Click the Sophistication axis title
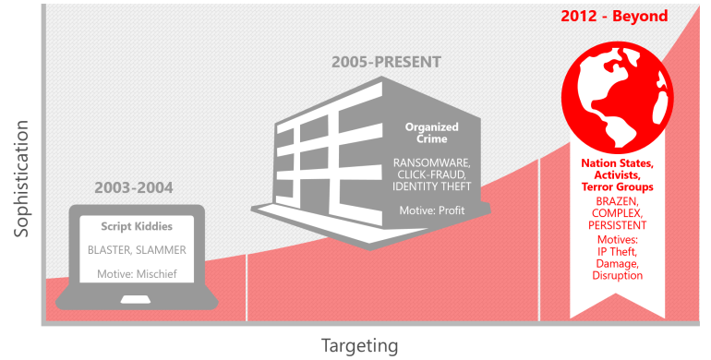pyautogui.click(x=21, y=186)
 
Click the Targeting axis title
pyautogui.click(x=359, y=346)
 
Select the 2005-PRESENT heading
pyautogui.click(x=386, y=63)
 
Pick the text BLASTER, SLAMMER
pyautogui.click(x=137, y=250)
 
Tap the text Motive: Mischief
pyautogui.click(x=137, y=273)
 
